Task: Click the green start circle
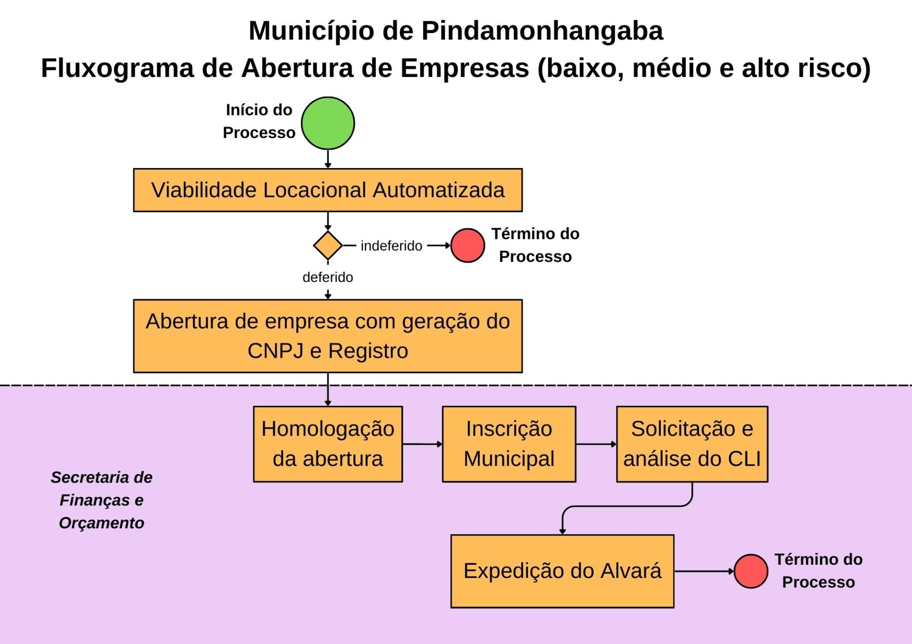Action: tap(328, 123)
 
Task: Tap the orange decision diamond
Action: tap(328, 245)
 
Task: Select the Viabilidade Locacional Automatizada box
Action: tap(328, 190)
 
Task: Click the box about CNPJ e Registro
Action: tap(328, 336)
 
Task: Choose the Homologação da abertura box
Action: tap(328, 444)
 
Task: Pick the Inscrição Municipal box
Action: tap(509, 444)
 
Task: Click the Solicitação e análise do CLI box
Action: tap(692, 444)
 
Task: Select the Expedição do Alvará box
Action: tap(562, 571)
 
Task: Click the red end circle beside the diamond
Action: tap(467, 245)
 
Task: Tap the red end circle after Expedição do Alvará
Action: tap(750, 571)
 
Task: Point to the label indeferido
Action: tap(391, 246)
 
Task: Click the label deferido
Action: tap(328, 277)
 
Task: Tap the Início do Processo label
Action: tap(259, 121)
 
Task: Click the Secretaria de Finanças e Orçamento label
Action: tap(102, 500)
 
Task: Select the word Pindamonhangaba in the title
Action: tap(542, 31)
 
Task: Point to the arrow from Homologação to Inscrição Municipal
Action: tap(422, 444)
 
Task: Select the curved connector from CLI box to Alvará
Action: tap(627, 506)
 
